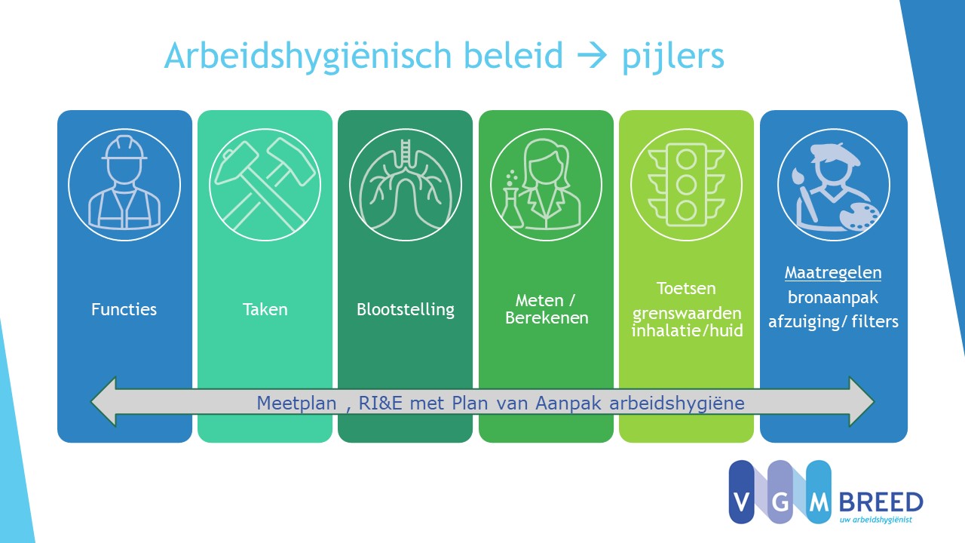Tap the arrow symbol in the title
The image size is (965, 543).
pyautogui.click(x=593, y=56)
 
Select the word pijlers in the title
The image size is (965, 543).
pyautogui.click(x=673, y=57)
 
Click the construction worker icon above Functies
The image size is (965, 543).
pyautogui.click(x=124, y=183)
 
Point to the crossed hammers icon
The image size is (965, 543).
pyautogui.click(x=265, y=185)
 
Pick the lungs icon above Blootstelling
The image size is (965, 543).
pyautogui.click(x=406, y=185)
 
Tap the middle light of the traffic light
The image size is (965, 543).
pyautogui.click(x=686, y=185)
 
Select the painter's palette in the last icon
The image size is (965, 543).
pyautogui.click(x=859, y=216)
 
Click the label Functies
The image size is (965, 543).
pyautogui.click(x=124, y=309)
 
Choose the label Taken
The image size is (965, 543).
pyautogui.click(x=265, y=309)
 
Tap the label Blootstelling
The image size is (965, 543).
pyautogui.click(x=406, y=310)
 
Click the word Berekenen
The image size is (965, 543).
pyautogui.click(x=547, y=318)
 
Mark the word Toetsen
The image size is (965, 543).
pyautogui.click(x=686, y=288)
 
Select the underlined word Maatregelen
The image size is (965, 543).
pyautogui.click(x=833, y=273)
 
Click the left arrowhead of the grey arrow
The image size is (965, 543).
pyautogui.click(x=103, y=402)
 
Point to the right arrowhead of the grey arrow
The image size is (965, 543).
pyautogui.click(x=862, y=402)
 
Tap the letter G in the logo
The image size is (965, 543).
pyautogui.click(x=780, y=502)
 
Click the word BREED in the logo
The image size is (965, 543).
pyautogui.click(x=881, y=502)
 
